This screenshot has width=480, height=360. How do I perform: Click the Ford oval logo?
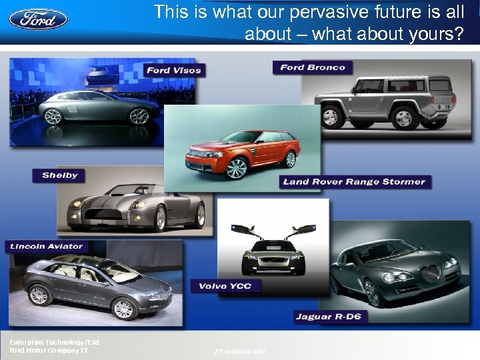coord(38,18)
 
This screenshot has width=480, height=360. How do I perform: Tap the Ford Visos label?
coord(173,70)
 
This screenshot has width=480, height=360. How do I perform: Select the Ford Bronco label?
coord(313,67)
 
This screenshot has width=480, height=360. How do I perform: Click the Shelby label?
coord(60,175)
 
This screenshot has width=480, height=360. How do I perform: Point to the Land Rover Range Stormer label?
coord(354,181)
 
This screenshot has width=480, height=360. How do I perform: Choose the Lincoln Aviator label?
coord(47,246)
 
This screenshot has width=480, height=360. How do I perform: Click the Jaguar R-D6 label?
coord(329,316)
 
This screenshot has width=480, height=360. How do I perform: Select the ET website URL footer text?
coord(240,351)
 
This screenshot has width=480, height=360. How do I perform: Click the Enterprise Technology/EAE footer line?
coord(54,342)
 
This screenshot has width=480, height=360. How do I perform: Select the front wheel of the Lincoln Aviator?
coord(123,308)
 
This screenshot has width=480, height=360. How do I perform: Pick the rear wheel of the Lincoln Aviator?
coord(39,294)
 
